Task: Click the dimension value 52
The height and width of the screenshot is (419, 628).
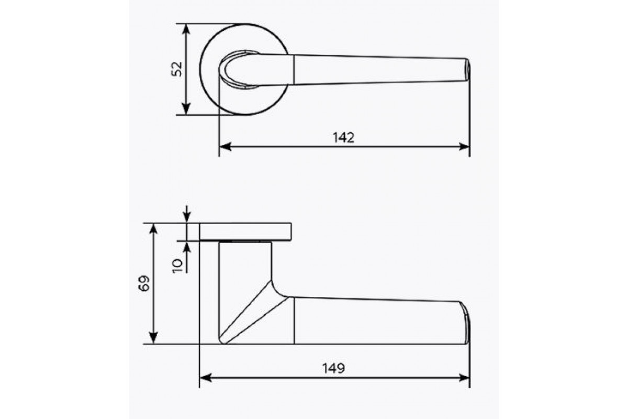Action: coord(177,69)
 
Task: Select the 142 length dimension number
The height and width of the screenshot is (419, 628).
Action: coord(344,138)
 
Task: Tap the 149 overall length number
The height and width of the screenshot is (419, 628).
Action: coord(334,368)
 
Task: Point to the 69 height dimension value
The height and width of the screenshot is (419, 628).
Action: coord(144,283)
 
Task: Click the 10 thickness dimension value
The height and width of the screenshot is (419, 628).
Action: coord(177,266)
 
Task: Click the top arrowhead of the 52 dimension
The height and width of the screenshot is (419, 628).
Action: coord(186,29)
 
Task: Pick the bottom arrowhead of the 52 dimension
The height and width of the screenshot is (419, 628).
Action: coord(186,109)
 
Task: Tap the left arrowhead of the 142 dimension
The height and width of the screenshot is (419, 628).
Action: coord(225,147)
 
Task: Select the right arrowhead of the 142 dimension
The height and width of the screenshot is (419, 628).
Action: coord(464,147)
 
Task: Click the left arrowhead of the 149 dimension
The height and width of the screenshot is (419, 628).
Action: coord(206,378)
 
